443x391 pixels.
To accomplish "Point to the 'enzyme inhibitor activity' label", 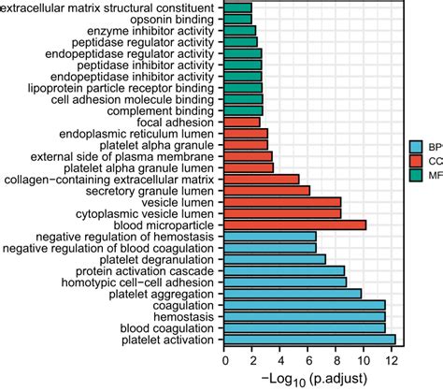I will tap(150, 30).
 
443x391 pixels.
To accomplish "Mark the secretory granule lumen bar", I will tap(267, 190).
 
